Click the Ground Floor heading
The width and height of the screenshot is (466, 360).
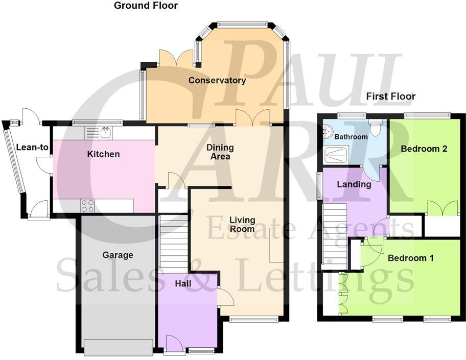(x=146, y=6)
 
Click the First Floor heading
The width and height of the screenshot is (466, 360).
(x=391, y=96)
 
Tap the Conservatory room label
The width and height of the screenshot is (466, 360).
(x=217, y=80)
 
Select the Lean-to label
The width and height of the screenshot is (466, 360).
(x=32, y=148)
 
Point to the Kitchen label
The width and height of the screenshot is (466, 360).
(x=103, y=154)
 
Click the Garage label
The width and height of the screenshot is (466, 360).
(x=118, y=255)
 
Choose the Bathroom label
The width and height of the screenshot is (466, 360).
(x=351, y=137)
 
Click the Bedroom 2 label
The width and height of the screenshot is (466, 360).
(x=424, y=149)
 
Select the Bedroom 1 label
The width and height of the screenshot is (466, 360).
(x=411, y=258)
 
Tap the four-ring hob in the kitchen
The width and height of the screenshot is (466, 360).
(x=87, y=205)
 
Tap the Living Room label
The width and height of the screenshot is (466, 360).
(x=243, y=225)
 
